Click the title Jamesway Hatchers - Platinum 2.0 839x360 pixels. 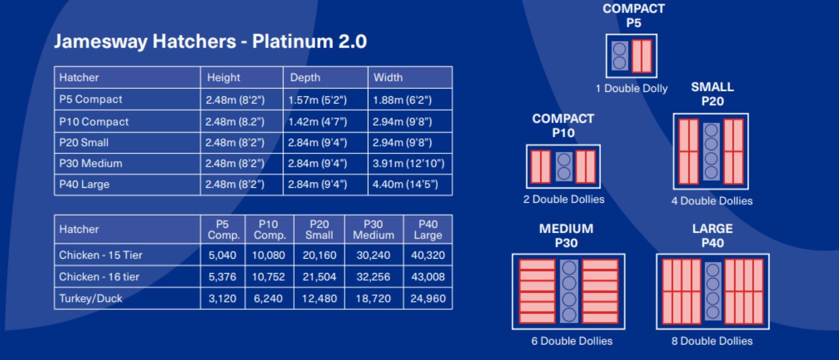tap(211, 41)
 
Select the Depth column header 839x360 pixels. tap(305, 77)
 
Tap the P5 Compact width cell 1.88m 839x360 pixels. tap(402, 100)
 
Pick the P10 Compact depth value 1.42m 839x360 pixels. tap(317, 122)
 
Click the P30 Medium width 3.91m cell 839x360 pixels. tap(408, 163)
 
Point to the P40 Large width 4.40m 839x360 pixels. tap(405, 184)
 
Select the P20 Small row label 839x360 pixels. tap(84, 143)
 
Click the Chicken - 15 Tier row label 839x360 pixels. tap(101, 255)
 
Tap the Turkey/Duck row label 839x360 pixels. tap(91, 299)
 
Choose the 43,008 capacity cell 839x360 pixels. tap(428, 277)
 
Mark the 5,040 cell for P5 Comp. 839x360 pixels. tap(223, 255)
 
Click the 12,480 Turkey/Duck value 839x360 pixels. tap(319, 299)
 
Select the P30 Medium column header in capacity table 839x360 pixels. tap(373, 230)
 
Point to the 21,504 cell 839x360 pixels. tap(319, 277)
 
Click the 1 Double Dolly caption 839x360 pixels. tap(631, 88)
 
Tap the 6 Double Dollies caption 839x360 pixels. tap(572, 341)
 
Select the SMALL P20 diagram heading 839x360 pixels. tap(712, 94)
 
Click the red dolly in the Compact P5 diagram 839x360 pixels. tap(642, 56)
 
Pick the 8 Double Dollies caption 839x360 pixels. tap(712, 341)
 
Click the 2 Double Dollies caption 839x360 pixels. tap(563, 199)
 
